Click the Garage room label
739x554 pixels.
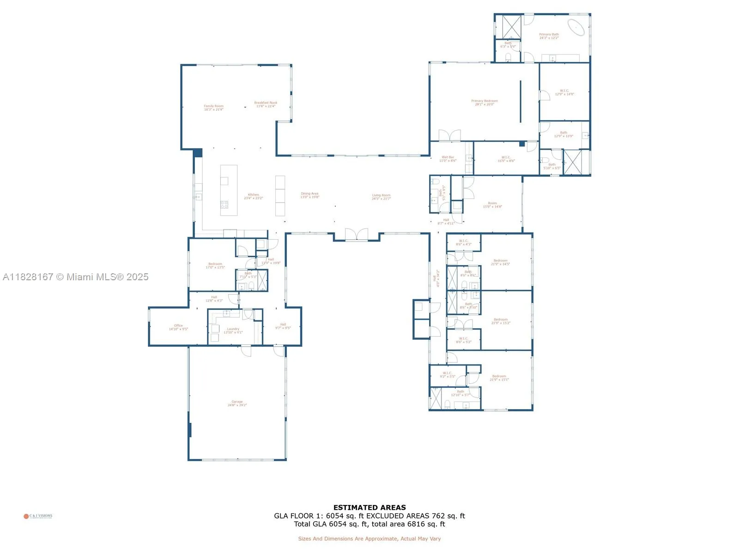click(237, 403)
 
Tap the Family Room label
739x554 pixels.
click(213, 108)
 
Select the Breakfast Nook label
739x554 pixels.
click(266, 104)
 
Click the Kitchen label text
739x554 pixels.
click(253, 196)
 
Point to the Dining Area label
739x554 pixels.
click(309, 195)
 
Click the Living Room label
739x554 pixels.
click(381, 197)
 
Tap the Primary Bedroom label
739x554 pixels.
click(484, 102)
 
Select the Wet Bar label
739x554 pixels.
click(448, 159)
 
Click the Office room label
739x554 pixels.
click(178, 327)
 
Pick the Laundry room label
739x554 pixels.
click(233, 331)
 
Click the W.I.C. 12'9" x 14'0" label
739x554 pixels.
click(564, 92)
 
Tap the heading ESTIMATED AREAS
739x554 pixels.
click(369, 507)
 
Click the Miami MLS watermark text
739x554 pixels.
click(76, 277)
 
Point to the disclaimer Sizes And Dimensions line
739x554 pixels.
click(369, 539)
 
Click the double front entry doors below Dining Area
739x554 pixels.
click(356, 235)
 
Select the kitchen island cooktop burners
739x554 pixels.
click(224, 205)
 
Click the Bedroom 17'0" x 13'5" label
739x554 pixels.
click(215, 265)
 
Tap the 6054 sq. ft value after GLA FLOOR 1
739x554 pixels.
click(345, 516)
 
